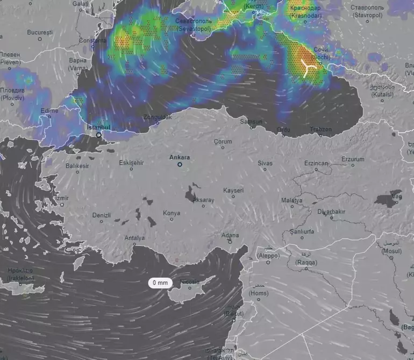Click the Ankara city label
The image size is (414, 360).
tap(180, 157)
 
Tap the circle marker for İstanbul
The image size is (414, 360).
tap(98, 135)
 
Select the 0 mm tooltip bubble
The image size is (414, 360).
tap(160, 283)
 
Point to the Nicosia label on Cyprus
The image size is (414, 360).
tap(189, 282)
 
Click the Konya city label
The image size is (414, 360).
tap(172, 213)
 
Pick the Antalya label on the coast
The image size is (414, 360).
tap(134, 238)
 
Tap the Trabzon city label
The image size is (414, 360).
tap(321, 129)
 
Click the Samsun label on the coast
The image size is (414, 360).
tap(251, 122)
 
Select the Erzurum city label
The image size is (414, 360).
tap(353, 159)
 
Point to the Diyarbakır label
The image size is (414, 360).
tap(331, 211)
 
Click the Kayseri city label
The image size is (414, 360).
tap(234, 190)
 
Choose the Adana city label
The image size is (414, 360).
tap(230, 235)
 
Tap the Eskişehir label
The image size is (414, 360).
tap(132, 163)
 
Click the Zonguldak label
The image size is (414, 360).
tap(158, 117)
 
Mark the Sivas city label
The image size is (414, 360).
tap(265, 163)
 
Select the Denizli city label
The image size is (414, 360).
tap(101, 215)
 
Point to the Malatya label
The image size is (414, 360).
tap(292, 200)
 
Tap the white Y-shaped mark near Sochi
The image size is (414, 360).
tap(308, 68)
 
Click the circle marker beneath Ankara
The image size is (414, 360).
tap(180, 165)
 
